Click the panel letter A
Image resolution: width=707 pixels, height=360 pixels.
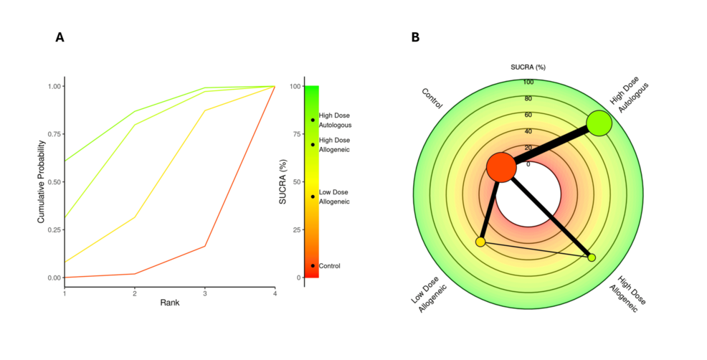point(60,38)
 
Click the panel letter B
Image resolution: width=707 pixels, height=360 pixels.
point(415,38)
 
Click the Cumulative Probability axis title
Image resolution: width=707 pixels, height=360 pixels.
point(42,181)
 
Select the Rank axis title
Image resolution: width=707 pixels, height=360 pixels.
point(170,303)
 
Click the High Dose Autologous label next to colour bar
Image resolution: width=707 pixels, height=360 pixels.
point(334,120)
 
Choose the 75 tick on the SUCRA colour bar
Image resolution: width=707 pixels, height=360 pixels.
point(295,134)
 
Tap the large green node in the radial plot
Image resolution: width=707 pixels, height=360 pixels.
point(599,124)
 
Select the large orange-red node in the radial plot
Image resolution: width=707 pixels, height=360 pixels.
point(500,167)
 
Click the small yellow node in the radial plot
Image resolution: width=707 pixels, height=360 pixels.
point(480,242)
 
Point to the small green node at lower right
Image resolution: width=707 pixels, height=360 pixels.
point(592,257)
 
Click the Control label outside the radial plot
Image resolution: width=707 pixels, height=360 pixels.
point(432,98)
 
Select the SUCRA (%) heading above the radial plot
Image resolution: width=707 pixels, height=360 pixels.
point(529,67)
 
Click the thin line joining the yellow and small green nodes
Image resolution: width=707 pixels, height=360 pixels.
point(536,250)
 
